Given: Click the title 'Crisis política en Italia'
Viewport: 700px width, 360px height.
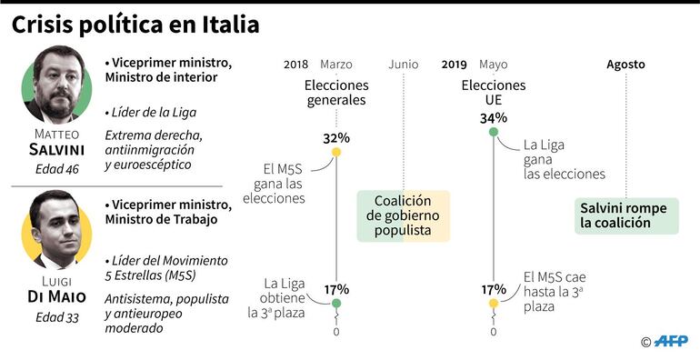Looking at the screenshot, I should [x=135, y=25].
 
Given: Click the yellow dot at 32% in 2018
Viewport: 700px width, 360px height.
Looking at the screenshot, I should [x=336, y=152].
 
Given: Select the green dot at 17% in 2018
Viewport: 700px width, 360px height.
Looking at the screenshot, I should [x=336, y=304].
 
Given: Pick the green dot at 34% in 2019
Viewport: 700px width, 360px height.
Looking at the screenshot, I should [x=494, y=133].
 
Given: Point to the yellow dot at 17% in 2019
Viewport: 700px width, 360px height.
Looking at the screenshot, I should [x=494, y=304].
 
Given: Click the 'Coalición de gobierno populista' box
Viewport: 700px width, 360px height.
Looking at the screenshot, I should [x=403, y=216].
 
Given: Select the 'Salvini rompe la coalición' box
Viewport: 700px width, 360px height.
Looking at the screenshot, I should [x=625, y=215].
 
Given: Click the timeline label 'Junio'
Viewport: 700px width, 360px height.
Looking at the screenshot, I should [x=403, y=65].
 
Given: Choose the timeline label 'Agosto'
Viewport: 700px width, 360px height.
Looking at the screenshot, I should [x=625, y=65].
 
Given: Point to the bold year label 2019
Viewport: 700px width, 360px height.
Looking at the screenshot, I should [x=455, y=65].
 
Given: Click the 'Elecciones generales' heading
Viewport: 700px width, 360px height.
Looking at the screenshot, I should [x=336, y=93].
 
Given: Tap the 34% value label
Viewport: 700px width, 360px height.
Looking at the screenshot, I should [x=494, y=118].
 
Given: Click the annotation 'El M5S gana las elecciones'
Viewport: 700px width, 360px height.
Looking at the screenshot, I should [x=284, y=183].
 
